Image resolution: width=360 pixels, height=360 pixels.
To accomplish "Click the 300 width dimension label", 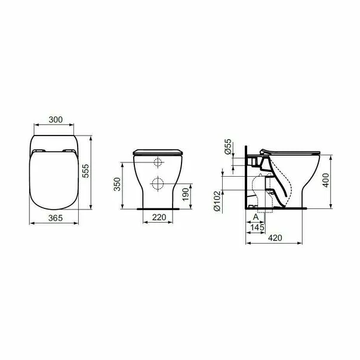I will (x=56, y=120).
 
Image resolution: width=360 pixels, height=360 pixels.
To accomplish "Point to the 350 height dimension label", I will (x=117, y=184).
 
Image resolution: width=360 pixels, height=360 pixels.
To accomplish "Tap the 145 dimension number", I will (x=259, y=228).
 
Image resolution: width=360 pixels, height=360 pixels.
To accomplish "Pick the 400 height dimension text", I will (x=325, y=180).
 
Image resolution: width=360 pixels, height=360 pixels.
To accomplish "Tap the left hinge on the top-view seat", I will (x=41, y=150).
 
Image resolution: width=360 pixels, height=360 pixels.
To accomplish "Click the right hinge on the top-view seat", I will (x=70, y=150).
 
